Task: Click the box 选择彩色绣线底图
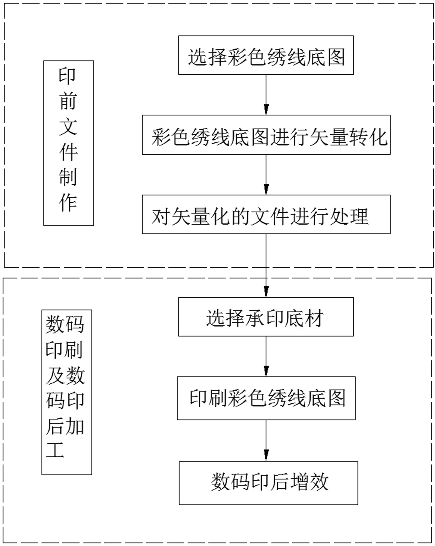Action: (x=266, y=55)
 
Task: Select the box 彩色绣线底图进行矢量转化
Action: (x=266, y=135)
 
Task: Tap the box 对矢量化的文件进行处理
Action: (x=266, y=214)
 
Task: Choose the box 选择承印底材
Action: (x=266, y=317)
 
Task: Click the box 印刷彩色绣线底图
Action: (x=266, y=398)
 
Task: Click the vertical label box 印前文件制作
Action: (x=69, y=143)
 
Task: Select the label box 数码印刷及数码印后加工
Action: (x=67, y=392)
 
